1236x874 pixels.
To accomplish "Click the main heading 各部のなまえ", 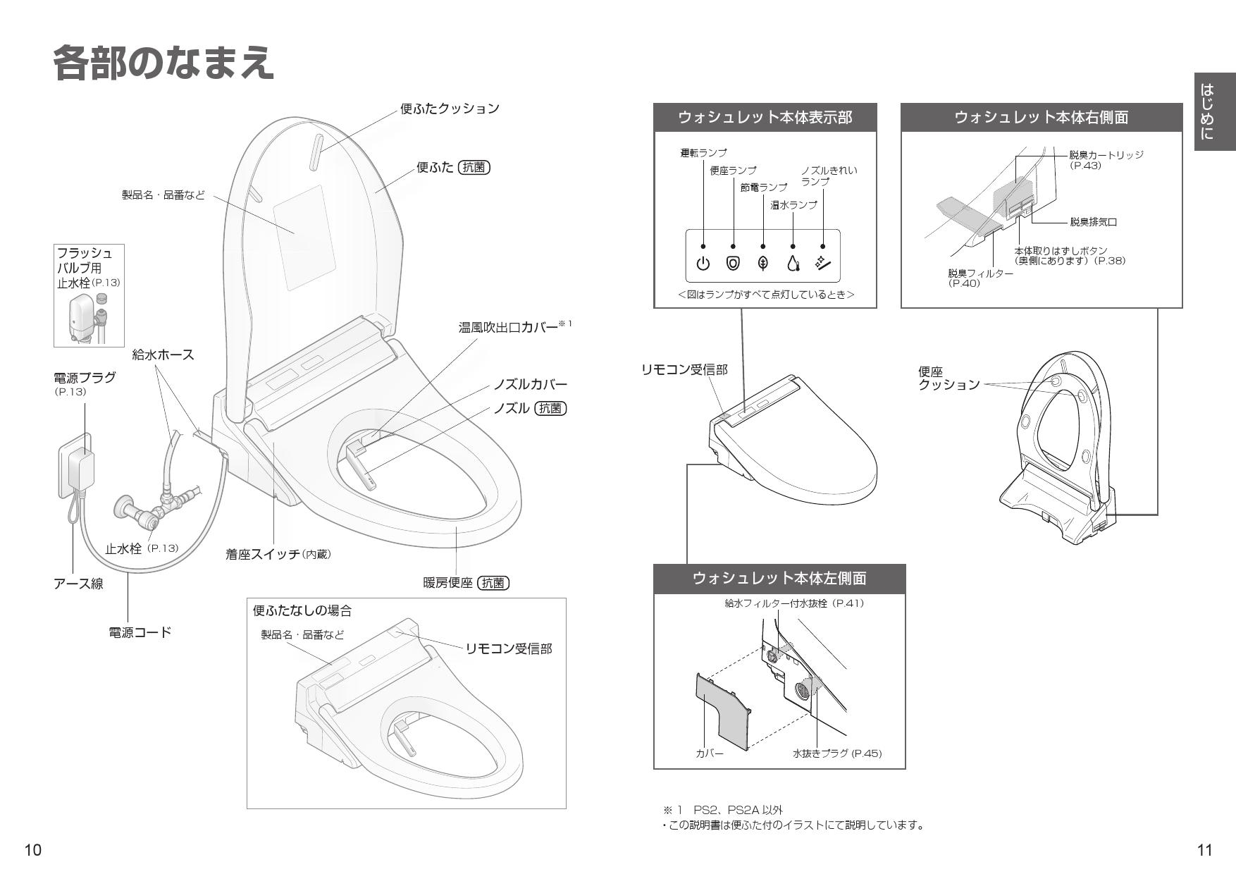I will [163, 63].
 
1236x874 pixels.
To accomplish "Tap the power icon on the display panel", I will [703, 264].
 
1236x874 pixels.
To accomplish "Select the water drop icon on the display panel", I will [793, 264].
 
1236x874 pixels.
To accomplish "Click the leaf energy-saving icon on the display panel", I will [762, 264].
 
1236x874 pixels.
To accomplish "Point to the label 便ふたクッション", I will [450, 109].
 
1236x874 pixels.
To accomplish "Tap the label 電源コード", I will [140, 632].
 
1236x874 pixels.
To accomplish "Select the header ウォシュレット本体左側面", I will [779, 579].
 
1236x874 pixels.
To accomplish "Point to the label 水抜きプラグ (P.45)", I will [836, 753].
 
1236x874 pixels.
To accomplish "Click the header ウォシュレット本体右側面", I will [1041, 117].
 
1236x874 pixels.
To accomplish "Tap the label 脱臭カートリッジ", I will [1106, 155].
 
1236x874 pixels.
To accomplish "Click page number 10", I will [32, 850].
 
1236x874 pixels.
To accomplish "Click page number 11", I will [1205, 850].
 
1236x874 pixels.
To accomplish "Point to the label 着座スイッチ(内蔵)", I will [278, 555].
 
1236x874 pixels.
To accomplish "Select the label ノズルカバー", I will [530, 385].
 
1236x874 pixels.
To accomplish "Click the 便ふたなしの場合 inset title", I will [302, 611].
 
